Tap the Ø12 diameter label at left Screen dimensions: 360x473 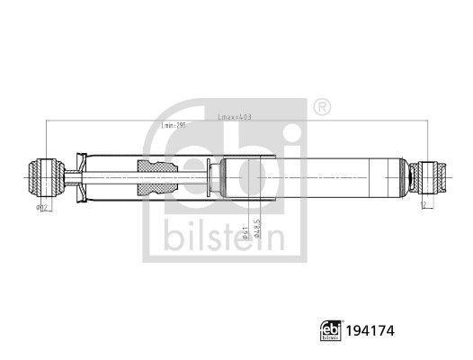(x=41, y=208)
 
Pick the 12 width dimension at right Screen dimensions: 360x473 (x=422, y=204)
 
